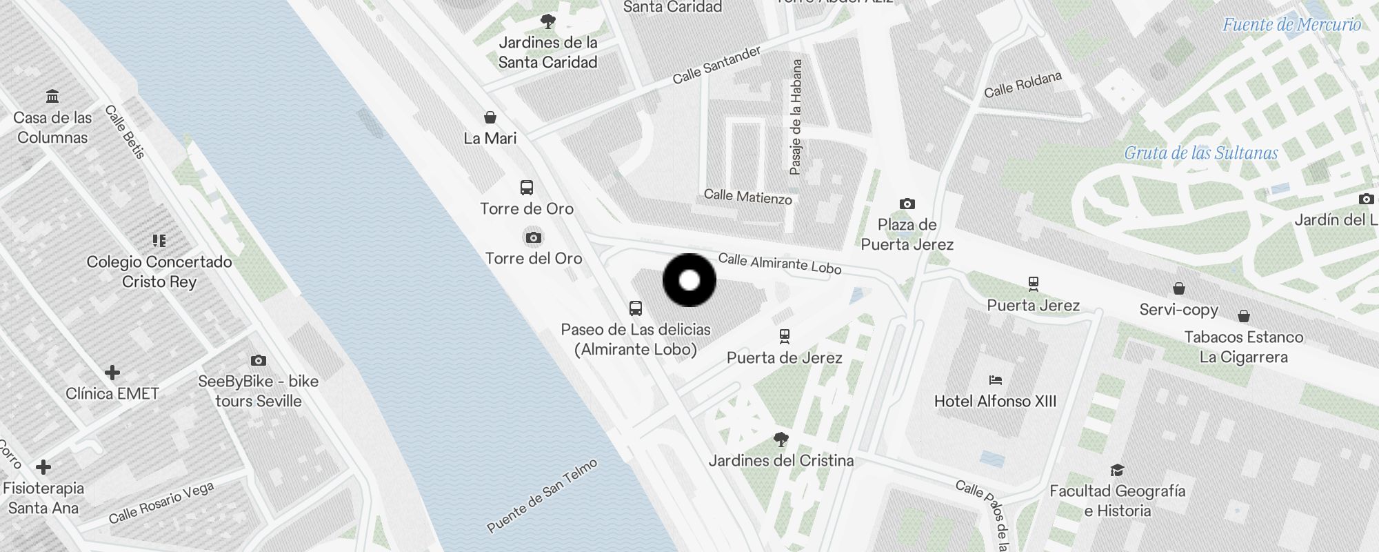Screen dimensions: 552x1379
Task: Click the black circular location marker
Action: tap(689, 280)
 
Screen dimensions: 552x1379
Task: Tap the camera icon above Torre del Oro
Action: tap(533, 238)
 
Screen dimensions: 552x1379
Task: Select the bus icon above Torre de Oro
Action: tap(527, 188)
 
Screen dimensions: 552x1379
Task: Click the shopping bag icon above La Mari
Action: tap(490, 117)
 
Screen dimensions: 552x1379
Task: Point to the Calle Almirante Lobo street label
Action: tap(780, 263)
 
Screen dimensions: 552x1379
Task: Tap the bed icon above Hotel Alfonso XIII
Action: tap(995, 379)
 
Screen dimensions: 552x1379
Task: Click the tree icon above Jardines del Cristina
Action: tap(781, 439)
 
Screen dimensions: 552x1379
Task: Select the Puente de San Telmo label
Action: tap(542, 495)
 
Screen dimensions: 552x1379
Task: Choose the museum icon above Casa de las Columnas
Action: tap(52, 96)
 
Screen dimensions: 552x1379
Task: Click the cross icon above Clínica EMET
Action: tap(112, 373)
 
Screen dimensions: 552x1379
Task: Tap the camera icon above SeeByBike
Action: tap(259, 360)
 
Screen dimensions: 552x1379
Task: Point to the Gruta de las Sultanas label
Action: tap(1201, 153)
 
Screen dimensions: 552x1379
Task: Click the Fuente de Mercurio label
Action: tap(1291, 25)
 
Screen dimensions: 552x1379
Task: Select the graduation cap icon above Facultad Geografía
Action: tap(1117, 470)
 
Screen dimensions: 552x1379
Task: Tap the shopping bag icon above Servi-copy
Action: tap(1179, 288)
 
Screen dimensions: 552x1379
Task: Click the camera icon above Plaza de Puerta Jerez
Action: tap(907, 204)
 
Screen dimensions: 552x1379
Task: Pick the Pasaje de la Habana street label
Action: tap(796, 117)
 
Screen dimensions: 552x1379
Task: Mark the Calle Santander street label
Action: tap(717, 65)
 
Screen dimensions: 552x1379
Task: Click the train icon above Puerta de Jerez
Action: tap(784, 336)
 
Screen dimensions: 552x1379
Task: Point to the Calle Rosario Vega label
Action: tap(161, 502)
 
